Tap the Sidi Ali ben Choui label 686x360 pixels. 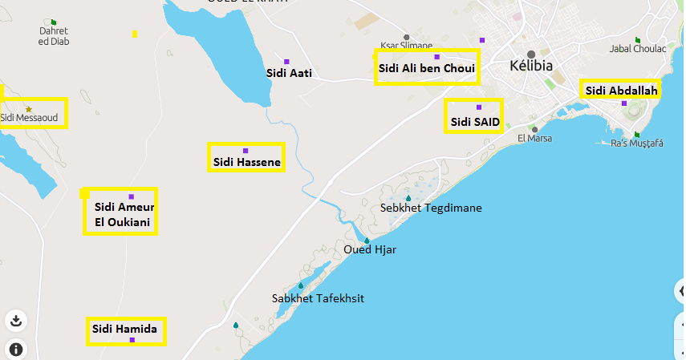tap(426, 69)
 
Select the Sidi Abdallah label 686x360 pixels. tap(621, 91)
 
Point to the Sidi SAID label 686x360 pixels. tap(475, 122)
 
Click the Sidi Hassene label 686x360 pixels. tap(246, 163)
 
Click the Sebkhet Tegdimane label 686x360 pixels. tap(431, 208)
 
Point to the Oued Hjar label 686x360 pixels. tap(369, 249)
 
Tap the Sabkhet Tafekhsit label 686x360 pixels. tap(318, 298)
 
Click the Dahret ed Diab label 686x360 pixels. tap(54, 36)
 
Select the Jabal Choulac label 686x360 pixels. tap(638, 49)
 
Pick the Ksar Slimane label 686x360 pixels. tap(406, 46)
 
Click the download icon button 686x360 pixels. tap(15, 321)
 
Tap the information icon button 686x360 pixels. tap(15, 349)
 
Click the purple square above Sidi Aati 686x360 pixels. tap(286, 62)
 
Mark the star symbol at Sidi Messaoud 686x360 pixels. tap(29, 109)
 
